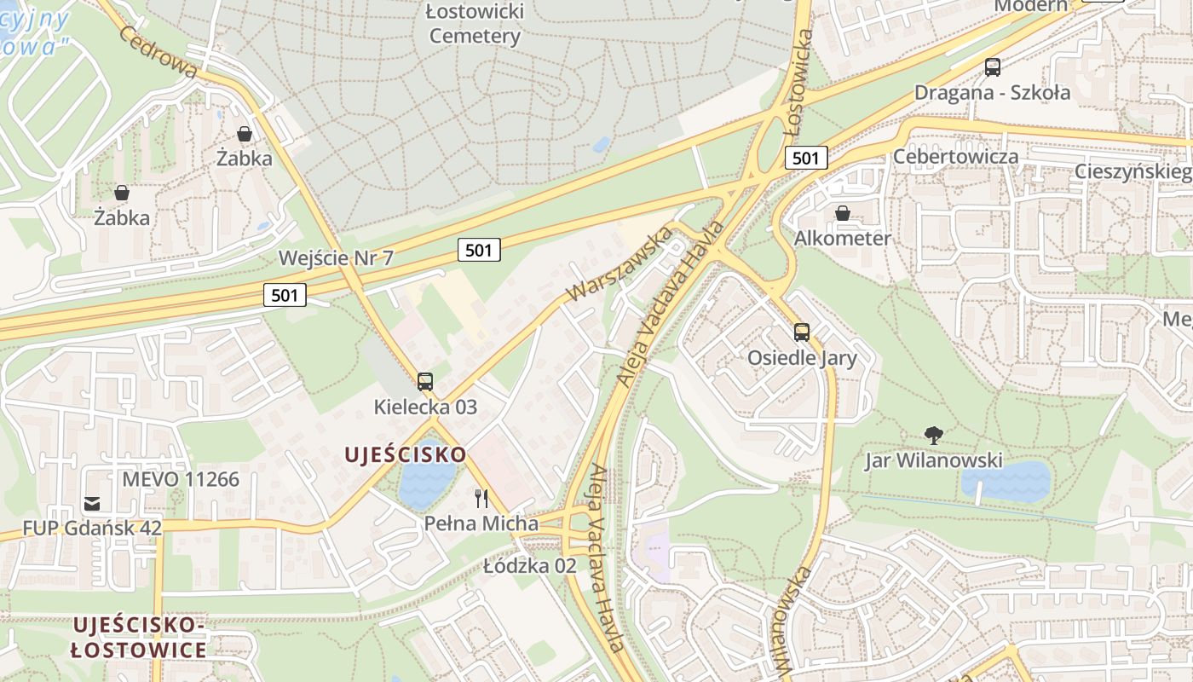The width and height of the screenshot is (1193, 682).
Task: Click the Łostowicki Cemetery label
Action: click(x=475, y=24)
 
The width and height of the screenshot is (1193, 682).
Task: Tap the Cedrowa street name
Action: click(x=158, y=51)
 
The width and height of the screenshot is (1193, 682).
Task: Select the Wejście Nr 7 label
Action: click(x=336, y=257)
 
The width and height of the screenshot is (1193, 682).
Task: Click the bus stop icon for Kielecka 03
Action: click(x=425, y=382)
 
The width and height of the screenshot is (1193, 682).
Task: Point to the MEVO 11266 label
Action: click(x=181, y=479)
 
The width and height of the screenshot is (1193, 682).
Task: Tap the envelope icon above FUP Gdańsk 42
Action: click(x=92, y=504)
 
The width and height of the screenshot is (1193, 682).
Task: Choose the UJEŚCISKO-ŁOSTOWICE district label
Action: click(x=138, y=637)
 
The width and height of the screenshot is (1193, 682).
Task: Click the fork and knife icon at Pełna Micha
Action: click(x=481, y=499)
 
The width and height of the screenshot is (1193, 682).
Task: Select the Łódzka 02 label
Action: click(x=530, y=565)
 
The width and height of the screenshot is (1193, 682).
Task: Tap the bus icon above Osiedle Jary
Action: click(x=801, y=332)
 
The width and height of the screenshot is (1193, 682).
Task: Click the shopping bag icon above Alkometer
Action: click(x=843, y=213)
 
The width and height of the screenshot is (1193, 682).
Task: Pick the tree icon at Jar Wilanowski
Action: click(x=934, y=436)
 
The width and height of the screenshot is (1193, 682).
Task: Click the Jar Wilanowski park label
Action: click(x=933, y=461)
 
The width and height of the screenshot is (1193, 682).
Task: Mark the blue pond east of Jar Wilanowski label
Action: click(x=1006, y=482)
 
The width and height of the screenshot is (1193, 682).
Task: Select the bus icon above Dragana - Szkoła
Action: click(x=992, y=67)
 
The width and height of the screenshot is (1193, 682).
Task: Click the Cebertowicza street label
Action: click(x=955, y=157)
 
